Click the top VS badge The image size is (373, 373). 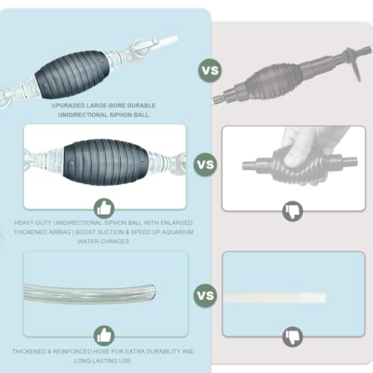tap(210, 70)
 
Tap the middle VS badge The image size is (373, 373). tap(205, 164)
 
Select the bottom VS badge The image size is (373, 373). tap(205, 295)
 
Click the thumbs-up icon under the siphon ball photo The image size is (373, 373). tap(104, 208)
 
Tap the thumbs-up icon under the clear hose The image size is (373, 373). tap(104, 335)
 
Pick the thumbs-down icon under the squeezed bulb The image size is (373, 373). tap(292, 211)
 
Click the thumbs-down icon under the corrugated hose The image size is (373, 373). tap(292, 336)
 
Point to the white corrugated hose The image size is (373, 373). tap(275, 298)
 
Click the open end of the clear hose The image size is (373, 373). tap(151, 292)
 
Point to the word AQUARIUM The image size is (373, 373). tap(178, 232)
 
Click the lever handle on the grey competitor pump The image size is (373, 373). tap(353, 64)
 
